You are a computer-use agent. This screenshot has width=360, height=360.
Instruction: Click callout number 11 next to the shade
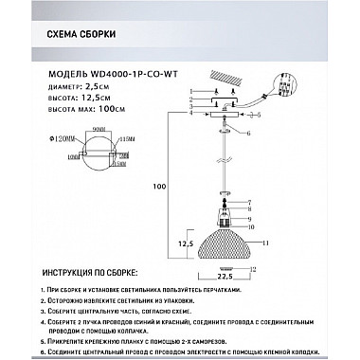268,244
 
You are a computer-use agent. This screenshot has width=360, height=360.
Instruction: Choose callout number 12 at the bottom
253,269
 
